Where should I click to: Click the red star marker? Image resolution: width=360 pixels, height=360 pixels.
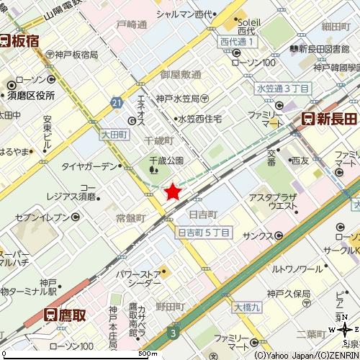pyautogui.click(x=173, y=191)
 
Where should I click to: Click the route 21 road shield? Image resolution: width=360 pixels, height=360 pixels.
pyautogui.click(x=116, y=104)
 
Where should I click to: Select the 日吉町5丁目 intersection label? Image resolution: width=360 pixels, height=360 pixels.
pyautogui.click(x=204, y=232)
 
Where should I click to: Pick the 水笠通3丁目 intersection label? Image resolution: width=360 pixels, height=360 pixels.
pyautogui.click(x=282, y=88)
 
